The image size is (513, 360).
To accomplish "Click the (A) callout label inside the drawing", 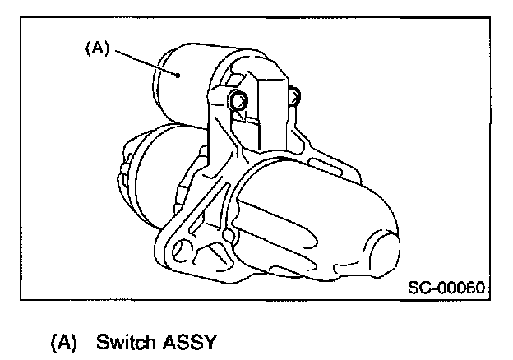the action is click(x=97, y=48).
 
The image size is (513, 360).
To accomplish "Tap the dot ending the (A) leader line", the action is click(x=178, y=74).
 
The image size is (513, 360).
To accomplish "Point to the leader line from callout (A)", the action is click(x=144, y=61).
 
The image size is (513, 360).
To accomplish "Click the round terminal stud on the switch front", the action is click(x=237, y=102).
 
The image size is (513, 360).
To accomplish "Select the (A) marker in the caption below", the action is click(x=64, y=341).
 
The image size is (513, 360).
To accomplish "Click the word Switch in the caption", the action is click(x=121, y=341).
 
